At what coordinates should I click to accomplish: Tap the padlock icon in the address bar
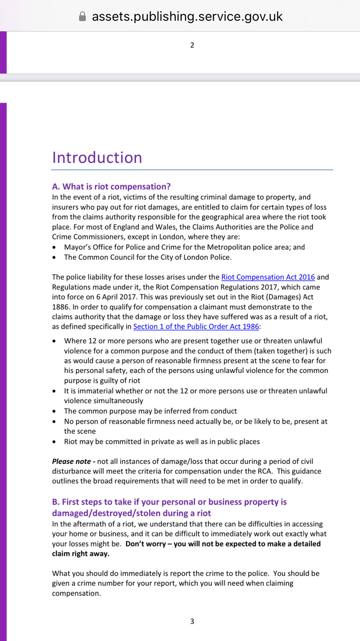[82, 16]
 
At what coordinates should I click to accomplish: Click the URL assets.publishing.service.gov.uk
[187, 16]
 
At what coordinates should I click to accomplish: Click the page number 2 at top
[192, 45]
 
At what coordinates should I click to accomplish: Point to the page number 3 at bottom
[192, 621]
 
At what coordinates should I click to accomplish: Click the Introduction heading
[97, 157]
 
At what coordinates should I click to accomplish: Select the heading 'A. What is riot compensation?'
[111, 186]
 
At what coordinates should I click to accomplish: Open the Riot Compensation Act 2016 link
[268, 277]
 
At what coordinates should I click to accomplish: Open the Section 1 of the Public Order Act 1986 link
[196, 327]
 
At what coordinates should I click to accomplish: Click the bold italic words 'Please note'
[71, 462]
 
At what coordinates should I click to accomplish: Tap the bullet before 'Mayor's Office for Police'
[54, 248]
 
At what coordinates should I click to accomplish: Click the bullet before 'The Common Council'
[54, 258]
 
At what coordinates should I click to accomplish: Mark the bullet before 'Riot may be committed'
[54, 442]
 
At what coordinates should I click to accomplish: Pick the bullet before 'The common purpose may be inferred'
[54, 411]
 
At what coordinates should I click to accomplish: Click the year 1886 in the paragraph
[60, 307]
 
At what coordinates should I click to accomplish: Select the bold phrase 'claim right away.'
[80, 554]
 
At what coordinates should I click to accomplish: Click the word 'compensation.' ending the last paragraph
[76, 593]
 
